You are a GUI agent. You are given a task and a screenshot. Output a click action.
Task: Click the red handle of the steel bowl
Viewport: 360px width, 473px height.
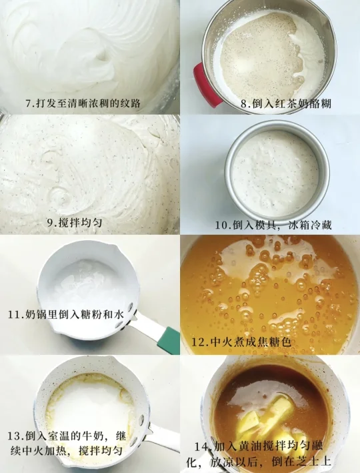tap(205, 85)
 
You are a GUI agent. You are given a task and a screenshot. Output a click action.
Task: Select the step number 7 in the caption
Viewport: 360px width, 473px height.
tap(29, 103)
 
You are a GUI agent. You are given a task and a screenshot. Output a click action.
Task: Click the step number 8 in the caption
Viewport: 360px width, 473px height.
tap(245, 104)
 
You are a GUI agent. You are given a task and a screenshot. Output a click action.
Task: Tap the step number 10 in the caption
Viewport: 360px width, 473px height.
tap(221, 225)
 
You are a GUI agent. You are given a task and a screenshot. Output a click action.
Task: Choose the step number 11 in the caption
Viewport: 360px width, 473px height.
tap(14, 315)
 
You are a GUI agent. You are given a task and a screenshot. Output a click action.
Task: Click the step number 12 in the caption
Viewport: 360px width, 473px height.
tap(199, 342)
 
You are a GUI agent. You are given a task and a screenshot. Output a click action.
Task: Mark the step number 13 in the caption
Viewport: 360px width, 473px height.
tap(14, 436)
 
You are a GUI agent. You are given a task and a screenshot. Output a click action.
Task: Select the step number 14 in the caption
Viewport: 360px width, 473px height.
tap(201, 446)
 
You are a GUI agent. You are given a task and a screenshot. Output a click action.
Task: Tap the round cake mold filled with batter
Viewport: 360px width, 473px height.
tap(277, 171)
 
